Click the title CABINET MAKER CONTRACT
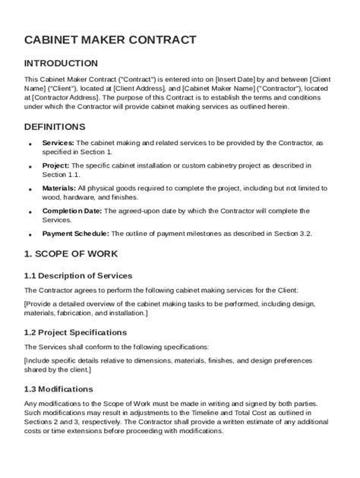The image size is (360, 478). (110, 39)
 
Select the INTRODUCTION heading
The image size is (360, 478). (61, 63)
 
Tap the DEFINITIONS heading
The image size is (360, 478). (55, 127)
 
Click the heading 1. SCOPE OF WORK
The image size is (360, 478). (71, 253)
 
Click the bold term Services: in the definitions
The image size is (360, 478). (58, 143)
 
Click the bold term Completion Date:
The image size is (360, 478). (71, 211)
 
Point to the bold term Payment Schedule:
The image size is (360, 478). (74, 234)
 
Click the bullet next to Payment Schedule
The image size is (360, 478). (30, 235)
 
